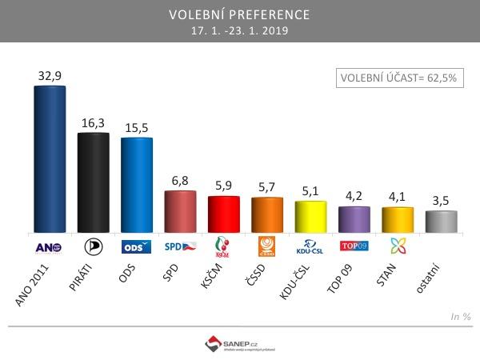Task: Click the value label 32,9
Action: click(x=50, y=76)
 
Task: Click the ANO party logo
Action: click(x=50, y=246)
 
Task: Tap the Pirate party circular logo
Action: click(x=94, y=246)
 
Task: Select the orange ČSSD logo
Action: click(x=267, y=246)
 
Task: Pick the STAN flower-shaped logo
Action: click(x=398, y=246)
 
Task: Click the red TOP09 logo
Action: click(x=354, y=246)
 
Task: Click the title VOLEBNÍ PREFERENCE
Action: click(x=240, y=15)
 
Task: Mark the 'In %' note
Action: click(x=460, y=318)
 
